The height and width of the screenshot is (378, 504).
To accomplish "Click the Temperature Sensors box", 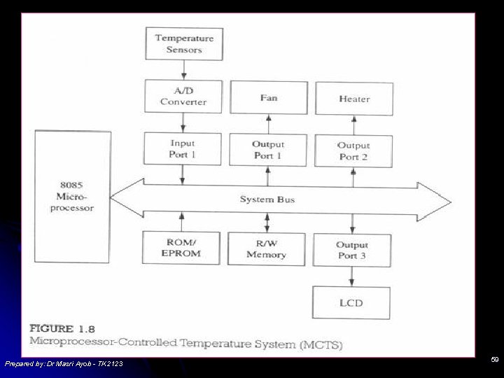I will point(184,43).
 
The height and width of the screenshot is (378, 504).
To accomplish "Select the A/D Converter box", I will point(183,96).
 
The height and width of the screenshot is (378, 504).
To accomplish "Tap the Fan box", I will point(269,97).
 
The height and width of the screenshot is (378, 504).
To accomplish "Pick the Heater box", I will point(354,99).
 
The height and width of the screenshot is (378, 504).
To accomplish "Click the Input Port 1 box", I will point(183,149).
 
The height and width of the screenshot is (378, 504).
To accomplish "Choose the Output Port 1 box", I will point(268,150).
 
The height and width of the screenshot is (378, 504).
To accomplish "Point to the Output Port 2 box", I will point(353,150).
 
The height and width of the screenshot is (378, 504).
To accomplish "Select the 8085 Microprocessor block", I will point(73,197).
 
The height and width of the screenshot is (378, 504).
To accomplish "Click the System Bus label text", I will point(267,199).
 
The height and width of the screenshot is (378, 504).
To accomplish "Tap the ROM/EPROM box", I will point(182,248).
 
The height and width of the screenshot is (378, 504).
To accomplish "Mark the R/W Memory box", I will point(267,249).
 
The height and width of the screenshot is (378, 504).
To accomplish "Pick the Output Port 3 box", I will point(352,250).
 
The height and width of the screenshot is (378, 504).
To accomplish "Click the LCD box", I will point(351,303).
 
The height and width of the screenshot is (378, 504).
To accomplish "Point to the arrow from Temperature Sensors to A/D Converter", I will point(183,69).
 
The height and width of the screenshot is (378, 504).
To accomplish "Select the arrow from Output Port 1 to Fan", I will point(269,124).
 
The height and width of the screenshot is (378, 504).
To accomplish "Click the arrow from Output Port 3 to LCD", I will point(351,276).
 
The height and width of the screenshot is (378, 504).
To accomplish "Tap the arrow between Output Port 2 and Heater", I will point(354,125).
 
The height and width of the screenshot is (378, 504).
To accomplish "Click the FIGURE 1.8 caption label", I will point(62,329).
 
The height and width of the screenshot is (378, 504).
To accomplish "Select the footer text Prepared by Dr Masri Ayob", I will point(64,364).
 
